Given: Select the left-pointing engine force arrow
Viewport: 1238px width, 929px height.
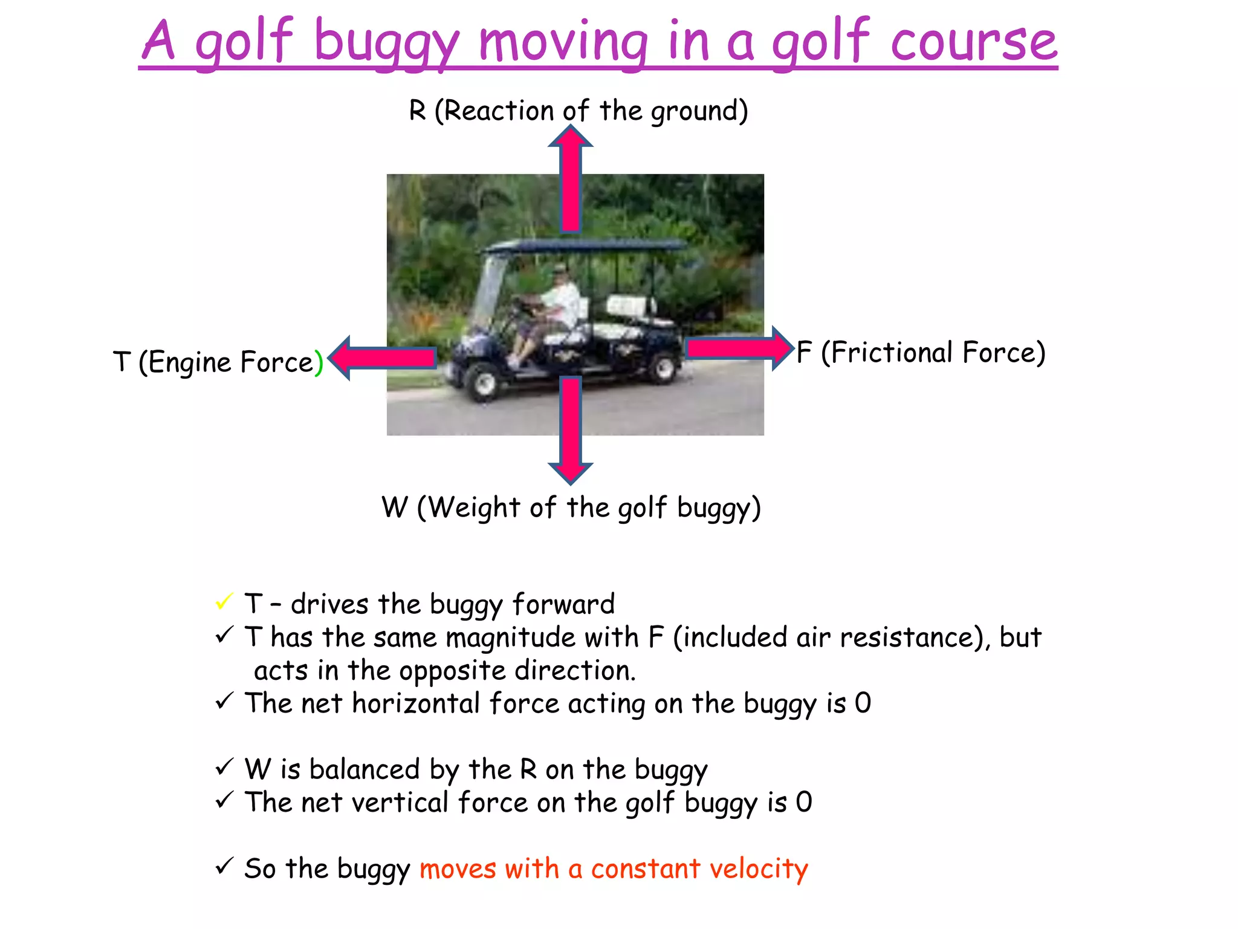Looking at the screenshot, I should tap(383, 358).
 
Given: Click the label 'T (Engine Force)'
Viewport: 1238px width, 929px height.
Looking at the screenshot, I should tap(218, 362).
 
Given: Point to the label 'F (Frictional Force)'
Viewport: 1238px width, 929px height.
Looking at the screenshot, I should tap(921, 353).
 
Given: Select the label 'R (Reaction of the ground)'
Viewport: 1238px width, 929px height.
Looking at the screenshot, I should tap(578, 111).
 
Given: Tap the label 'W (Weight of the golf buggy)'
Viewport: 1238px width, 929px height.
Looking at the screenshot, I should tap(571, 507).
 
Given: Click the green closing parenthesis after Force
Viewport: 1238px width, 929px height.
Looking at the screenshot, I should tap(319, 362).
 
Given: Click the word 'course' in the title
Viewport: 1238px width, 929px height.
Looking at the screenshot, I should tap(974, 42).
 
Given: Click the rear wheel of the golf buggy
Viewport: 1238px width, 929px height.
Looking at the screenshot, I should tap(663, 368).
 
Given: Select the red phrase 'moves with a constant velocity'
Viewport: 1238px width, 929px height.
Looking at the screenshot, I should tap(614, 869).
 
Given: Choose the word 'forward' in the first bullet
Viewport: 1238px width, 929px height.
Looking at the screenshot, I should tap(563, 604).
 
